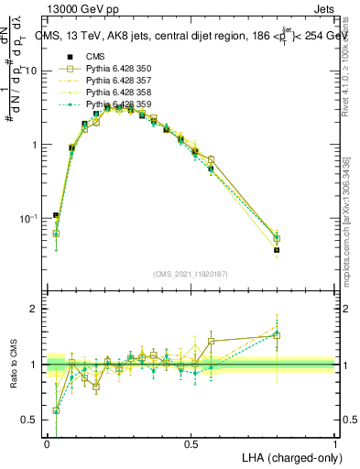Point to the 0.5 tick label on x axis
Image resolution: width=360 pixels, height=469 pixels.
click(x=191, y=443)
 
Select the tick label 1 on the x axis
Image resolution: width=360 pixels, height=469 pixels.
click(x=334, y=443)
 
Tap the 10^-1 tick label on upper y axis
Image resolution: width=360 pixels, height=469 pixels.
click(x=29, y=219)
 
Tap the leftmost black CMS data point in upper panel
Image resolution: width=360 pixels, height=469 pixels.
click(x=56, y=216)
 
